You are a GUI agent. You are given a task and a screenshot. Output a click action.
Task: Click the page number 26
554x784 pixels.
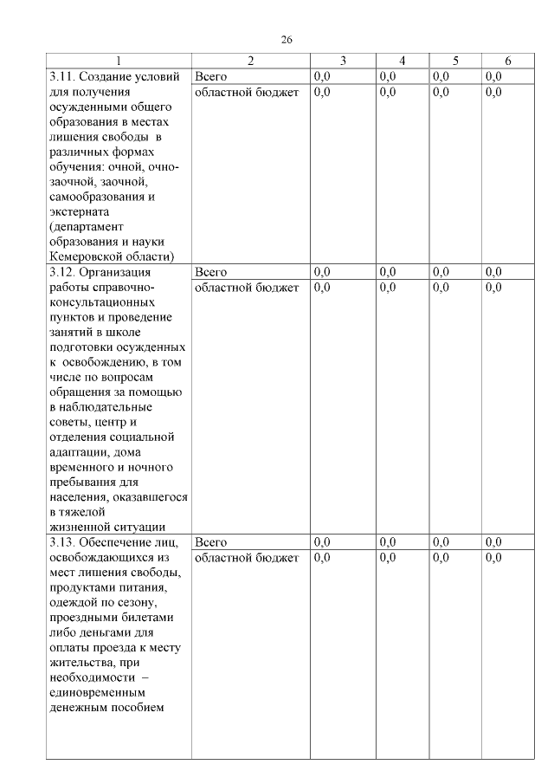[287, 40]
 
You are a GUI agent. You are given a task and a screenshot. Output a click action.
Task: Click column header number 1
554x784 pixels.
[119, 61]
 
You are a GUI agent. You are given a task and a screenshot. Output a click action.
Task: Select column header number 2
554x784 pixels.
[251, 61]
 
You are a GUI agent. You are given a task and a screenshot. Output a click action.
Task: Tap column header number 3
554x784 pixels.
[343, 61]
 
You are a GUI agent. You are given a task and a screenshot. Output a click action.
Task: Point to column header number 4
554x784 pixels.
[403, 61]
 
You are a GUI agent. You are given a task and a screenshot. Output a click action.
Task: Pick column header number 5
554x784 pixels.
[455, 61]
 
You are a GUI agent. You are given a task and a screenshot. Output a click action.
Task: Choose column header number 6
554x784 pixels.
[508, 61]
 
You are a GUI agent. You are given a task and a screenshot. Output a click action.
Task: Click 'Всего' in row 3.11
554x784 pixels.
[211, 76]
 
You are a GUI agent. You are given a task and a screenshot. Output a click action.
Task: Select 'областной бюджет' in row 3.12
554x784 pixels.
[247, 288]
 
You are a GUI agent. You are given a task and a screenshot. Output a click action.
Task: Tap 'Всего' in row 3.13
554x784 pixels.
[211, 542]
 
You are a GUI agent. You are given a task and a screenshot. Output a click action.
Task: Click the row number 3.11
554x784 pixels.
[65, 76]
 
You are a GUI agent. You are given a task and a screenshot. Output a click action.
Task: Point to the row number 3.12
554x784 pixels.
[65, 272]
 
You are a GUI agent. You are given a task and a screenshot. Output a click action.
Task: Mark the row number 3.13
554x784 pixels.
[65, 542]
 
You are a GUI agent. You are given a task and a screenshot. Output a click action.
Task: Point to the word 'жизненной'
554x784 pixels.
[80, 527]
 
